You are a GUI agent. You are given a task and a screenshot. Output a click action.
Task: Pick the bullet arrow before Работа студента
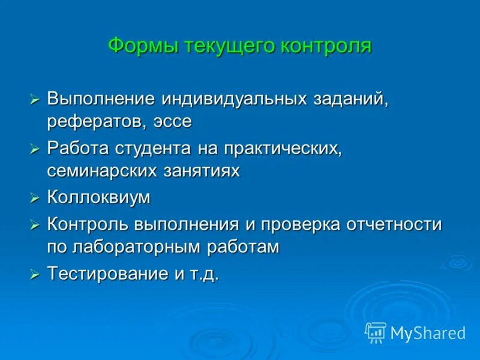(35, 148)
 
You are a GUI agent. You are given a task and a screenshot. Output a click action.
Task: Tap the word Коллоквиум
(98, 197)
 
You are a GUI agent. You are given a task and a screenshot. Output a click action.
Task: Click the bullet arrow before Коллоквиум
(35, 198)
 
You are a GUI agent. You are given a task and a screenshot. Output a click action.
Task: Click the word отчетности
(394, 224)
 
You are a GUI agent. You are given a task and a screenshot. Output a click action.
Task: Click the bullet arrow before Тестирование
(35, 275)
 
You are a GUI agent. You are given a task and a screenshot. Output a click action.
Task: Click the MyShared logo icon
(376, 332)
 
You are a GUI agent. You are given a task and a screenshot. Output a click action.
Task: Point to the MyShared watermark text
(428, 333)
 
